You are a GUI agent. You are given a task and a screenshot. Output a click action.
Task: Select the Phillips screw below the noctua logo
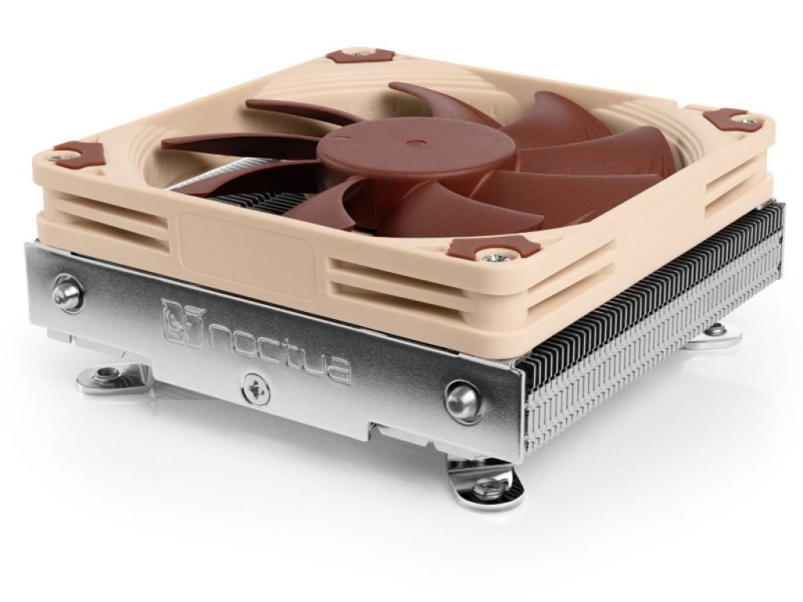coord(256,389)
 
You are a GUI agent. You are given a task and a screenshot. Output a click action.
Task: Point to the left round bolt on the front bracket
coord(68,292)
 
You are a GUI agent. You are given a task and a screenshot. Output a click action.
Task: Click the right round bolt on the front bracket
coord(463,401)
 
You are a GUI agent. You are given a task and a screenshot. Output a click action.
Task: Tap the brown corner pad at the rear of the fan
coord(360,56)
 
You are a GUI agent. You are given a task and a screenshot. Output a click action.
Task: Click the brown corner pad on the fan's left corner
coord(78,154)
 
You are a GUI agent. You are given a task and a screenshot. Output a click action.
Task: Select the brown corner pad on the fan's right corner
coord(729,119)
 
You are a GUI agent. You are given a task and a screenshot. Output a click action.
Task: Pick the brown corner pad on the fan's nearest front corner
coord(494,248)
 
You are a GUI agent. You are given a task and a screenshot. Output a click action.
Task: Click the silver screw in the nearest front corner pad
coord(492,255)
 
